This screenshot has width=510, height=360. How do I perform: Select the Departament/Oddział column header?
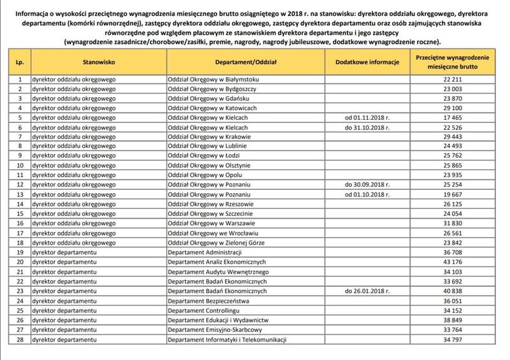(243, 64)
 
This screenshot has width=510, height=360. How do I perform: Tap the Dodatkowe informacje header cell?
(366, 64)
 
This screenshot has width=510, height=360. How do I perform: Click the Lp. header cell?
(20, 64)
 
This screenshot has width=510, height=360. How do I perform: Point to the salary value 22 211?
(453, 79)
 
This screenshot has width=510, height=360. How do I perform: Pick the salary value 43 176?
(453, 262)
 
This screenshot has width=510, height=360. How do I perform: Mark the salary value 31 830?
(453, 223)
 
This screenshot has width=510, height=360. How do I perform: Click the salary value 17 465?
(453, 118)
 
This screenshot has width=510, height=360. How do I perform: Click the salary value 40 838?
(453, 291)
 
